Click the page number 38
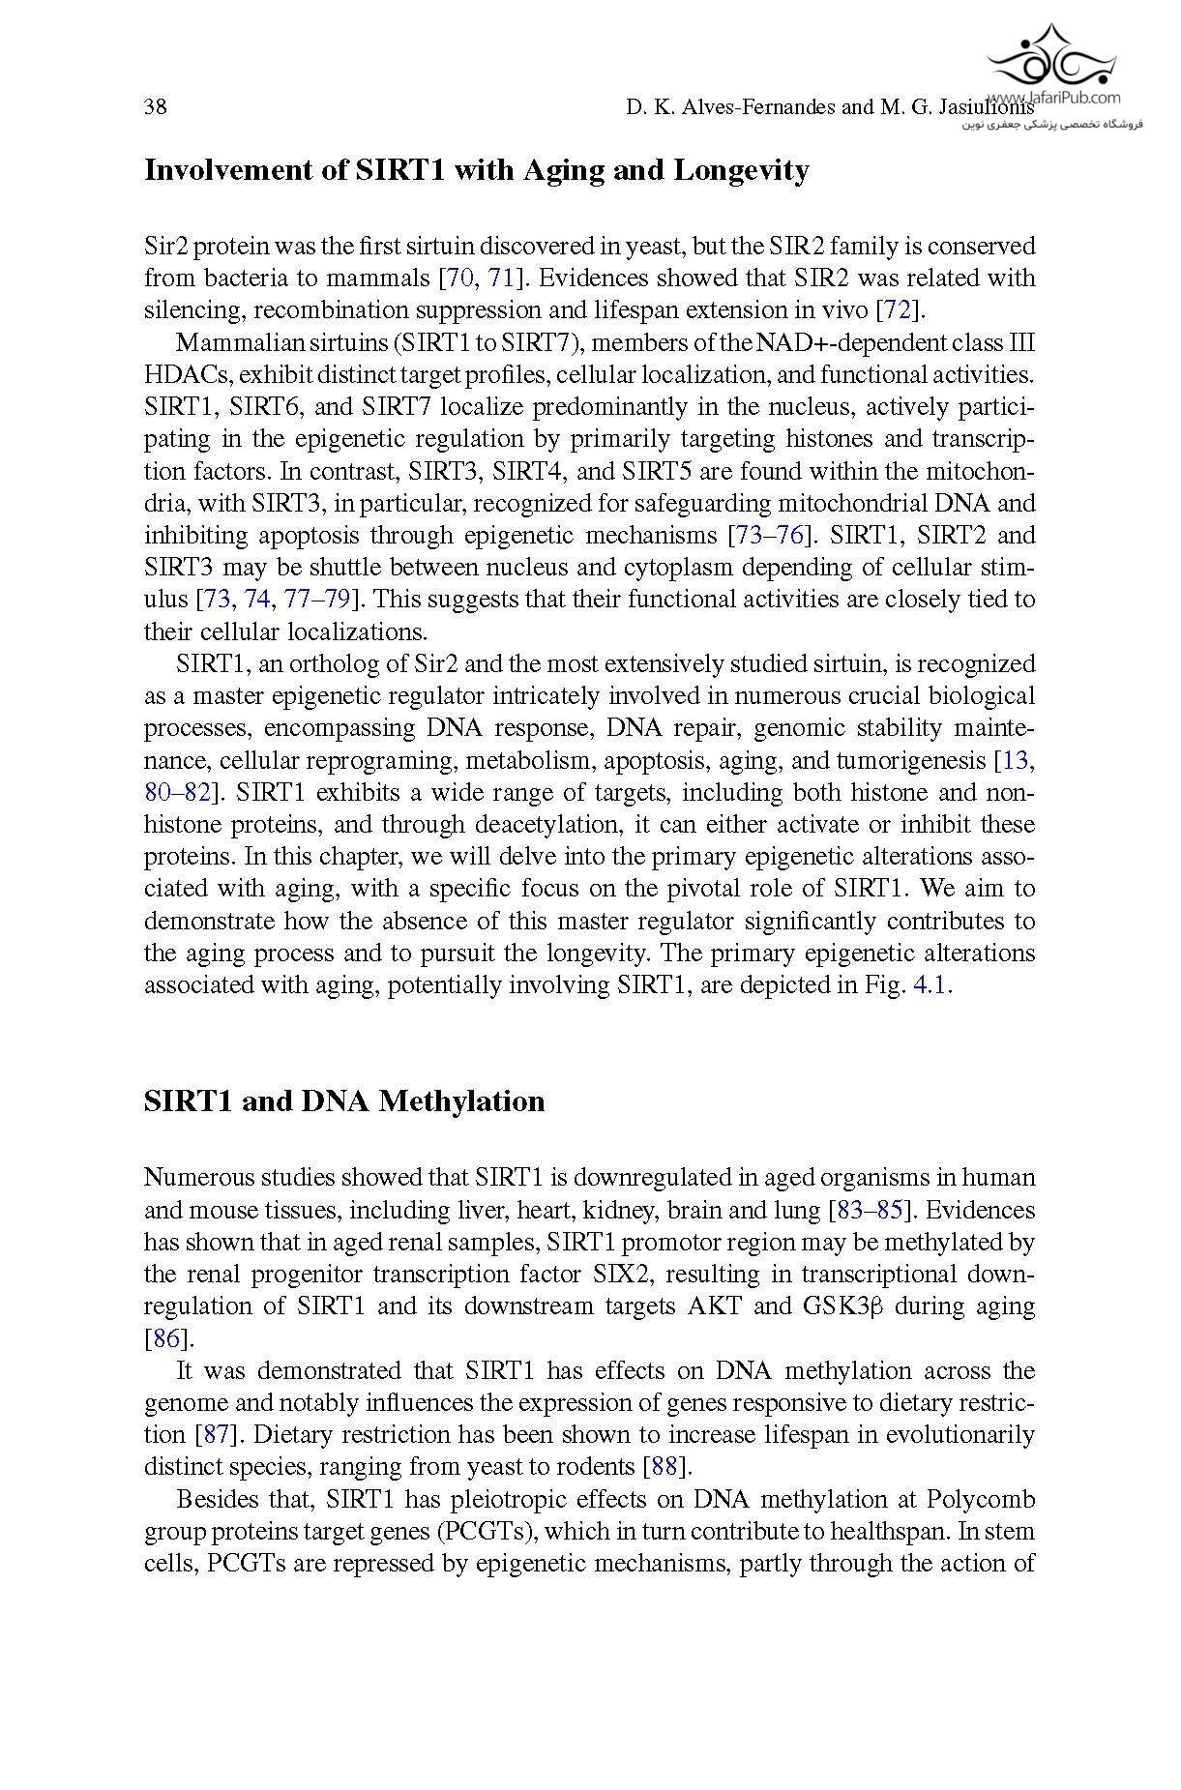coord(155,106)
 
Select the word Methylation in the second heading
coord(461,1100)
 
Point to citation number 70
coord(458,279)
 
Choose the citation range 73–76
coord(770,536)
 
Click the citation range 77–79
coord(317,600)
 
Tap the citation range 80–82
coord(177,793)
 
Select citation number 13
coord(1015,761)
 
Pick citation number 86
coord(166,1339)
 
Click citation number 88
coord(664,1467)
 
